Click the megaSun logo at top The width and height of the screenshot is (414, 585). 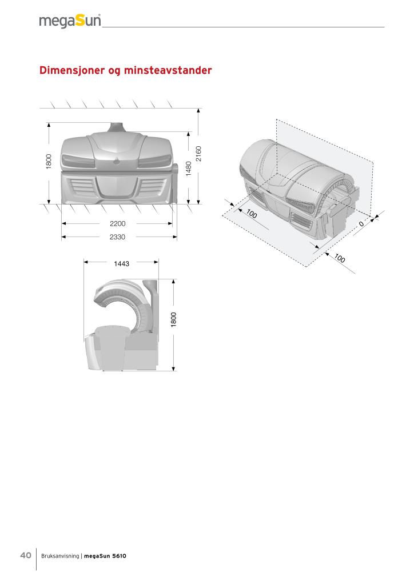click(70, 21)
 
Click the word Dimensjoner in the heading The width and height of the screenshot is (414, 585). click(72, 70)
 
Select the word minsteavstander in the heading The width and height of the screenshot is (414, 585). click(168, 70)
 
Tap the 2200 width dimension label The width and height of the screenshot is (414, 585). click(118, 223)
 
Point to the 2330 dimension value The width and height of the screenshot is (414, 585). click(117, 237)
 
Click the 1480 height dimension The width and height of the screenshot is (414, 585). click(189, 169)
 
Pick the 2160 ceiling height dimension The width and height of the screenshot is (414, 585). click(198, 153)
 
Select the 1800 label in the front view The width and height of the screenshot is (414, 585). click(49, 162)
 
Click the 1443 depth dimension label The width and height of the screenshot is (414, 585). click(121, 264)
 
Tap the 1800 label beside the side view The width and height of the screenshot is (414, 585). click(174, 320)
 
